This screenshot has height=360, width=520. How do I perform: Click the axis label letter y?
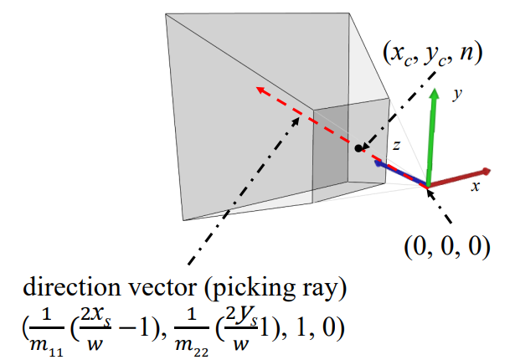(457, 95)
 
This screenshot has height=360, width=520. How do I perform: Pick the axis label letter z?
(400, 145)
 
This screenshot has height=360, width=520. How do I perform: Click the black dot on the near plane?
(358, 148)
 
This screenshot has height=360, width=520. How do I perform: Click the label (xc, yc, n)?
(434, 54)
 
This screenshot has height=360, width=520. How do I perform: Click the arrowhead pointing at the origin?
(432, 192)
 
